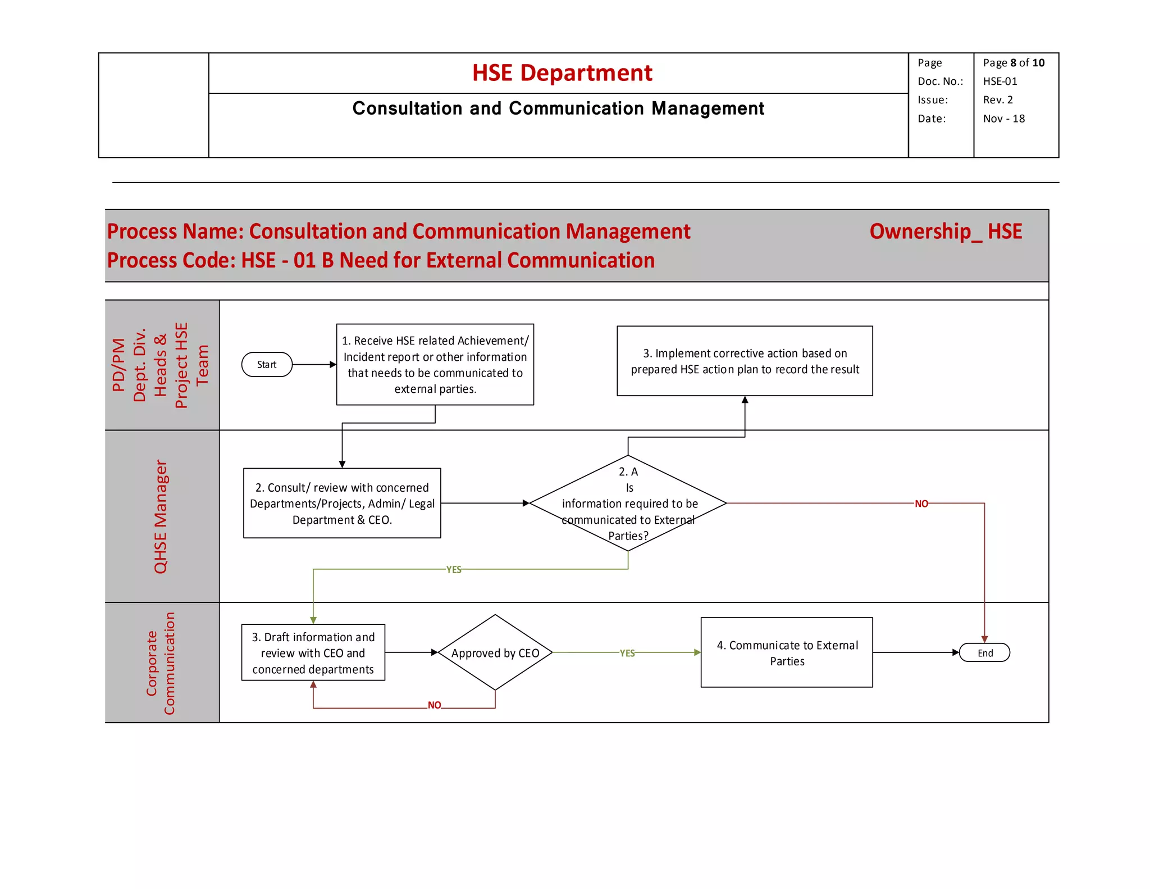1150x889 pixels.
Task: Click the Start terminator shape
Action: point(267,364)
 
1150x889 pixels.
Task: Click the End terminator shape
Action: point(984,652)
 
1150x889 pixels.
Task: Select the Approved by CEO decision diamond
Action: point(495,652)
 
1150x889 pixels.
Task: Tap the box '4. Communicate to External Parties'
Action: point(786,652)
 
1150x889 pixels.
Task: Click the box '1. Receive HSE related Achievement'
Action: point(435,364)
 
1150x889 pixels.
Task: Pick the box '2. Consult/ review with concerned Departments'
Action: point(341,503)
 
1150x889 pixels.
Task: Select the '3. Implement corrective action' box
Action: point(744,361)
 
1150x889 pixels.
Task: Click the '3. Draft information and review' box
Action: point(313,652)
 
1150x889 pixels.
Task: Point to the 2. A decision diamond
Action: point(628,503)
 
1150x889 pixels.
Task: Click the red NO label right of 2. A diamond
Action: point(921,504)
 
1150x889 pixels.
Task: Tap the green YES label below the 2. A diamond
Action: point(453,569)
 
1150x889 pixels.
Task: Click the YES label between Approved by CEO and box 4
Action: point(627,653)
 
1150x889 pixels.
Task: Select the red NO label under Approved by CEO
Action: point(434,705)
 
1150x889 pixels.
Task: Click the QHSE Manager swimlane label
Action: point(161,516)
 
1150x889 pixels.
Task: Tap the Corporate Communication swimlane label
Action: point(161,663)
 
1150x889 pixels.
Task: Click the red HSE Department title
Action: point(562,73)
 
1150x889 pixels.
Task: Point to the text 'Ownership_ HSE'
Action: point(945,232)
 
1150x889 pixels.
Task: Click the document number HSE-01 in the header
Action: point(1000,81)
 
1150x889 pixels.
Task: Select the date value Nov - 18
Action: point(1003,119)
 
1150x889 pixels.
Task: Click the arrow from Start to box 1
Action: point(313,365)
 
